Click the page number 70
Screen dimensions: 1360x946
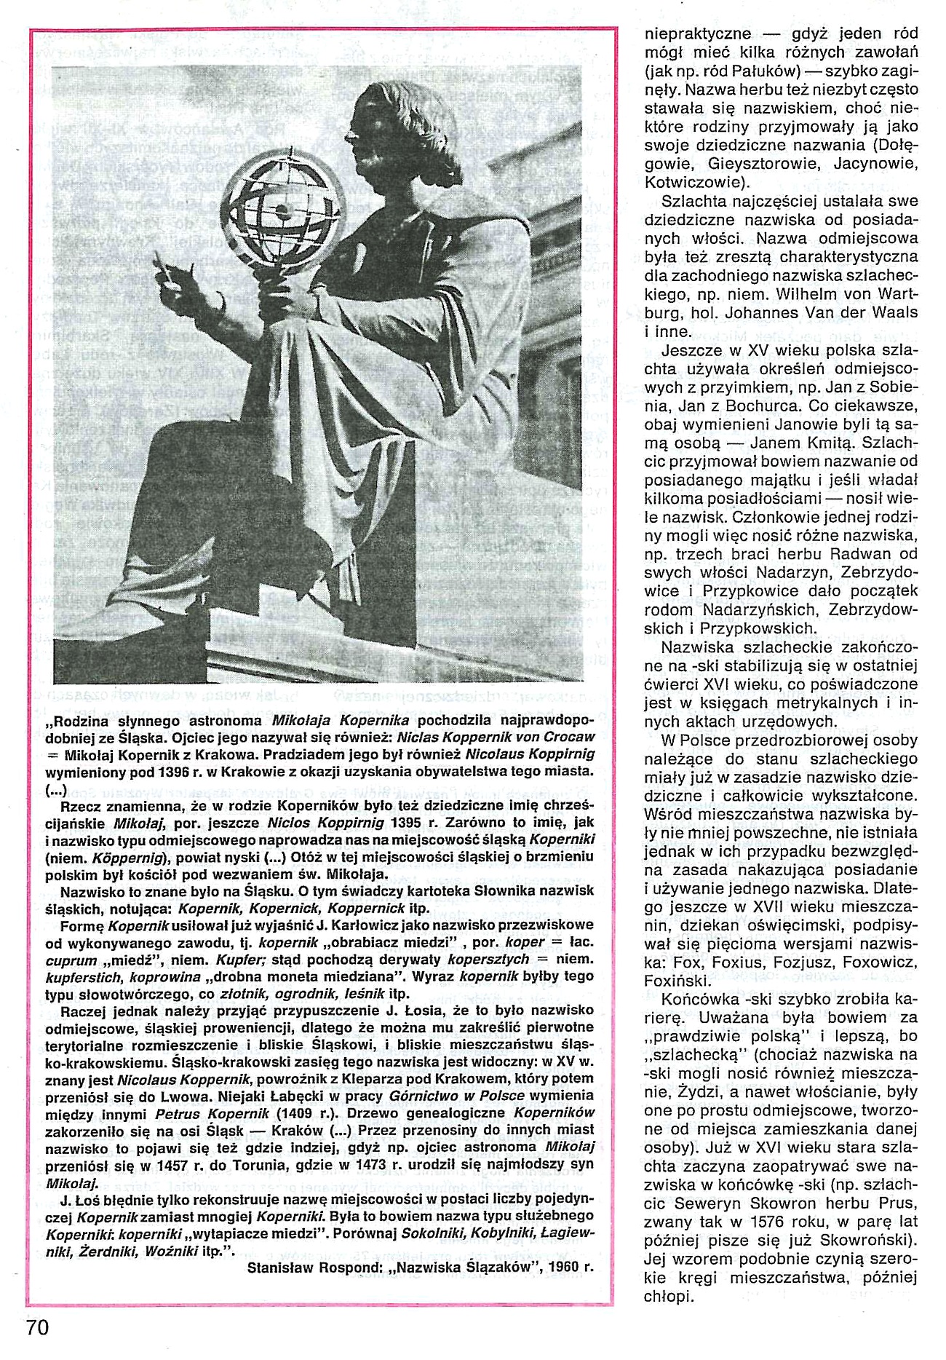point(37,1327)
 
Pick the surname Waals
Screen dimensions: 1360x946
point(893,313)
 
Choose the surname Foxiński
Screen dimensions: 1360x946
point(675,981)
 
